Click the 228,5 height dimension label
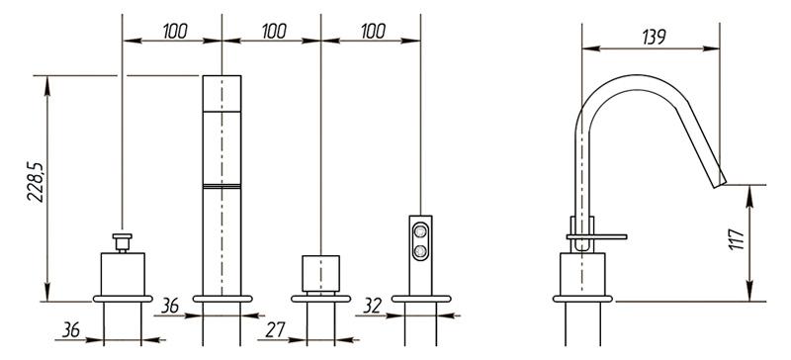coord(36,182)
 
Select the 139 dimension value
coord(654,37)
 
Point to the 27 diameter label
coord(276,329)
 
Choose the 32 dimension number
coord(373,306)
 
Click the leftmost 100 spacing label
coord(175,32)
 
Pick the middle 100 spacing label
coord(274,32)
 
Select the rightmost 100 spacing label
coord(374,32)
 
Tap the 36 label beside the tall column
coord(170,306)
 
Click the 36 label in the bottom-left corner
coord(71,329)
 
